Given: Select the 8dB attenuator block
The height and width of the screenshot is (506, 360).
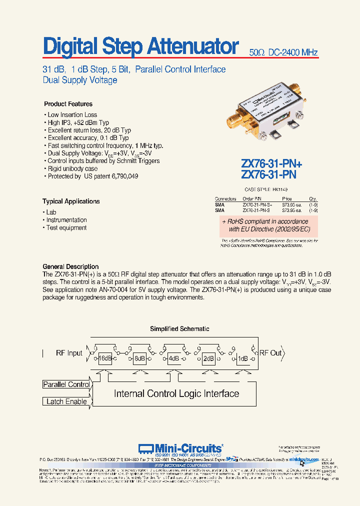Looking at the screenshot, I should (139, 358).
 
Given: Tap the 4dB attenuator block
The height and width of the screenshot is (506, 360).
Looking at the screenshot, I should (173, 358).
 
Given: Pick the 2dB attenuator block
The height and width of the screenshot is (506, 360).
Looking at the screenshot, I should (208, 358).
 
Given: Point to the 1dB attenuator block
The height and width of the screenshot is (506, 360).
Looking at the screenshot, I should (243, 358).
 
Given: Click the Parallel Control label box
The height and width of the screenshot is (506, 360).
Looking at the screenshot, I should (66, 384).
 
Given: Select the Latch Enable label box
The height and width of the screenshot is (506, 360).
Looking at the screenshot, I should (66, 401).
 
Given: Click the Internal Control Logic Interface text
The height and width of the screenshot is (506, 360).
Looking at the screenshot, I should (176, 393).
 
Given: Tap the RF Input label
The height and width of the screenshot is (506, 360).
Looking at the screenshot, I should (69, 353).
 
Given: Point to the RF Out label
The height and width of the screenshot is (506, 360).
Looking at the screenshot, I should (270, 352).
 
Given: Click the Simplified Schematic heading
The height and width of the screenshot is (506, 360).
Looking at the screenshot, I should (179, 329).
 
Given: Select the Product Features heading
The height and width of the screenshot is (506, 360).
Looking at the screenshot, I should (68, 104).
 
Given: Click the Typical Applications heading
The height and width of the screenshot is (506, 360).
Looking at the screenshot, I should (71, 201).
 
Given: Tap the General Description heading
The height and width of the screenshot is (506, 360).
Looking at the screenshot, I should (70, 266).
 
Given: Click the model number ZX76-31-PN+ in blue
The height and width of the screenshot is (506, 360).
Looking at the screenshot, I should (271, 163).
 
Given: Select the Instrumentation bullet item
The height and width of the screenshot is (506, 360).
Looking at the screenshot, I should (66, 220).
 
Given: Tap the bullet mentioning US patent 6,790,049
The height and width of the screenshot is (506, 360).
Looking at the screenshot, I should (92, 176).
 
